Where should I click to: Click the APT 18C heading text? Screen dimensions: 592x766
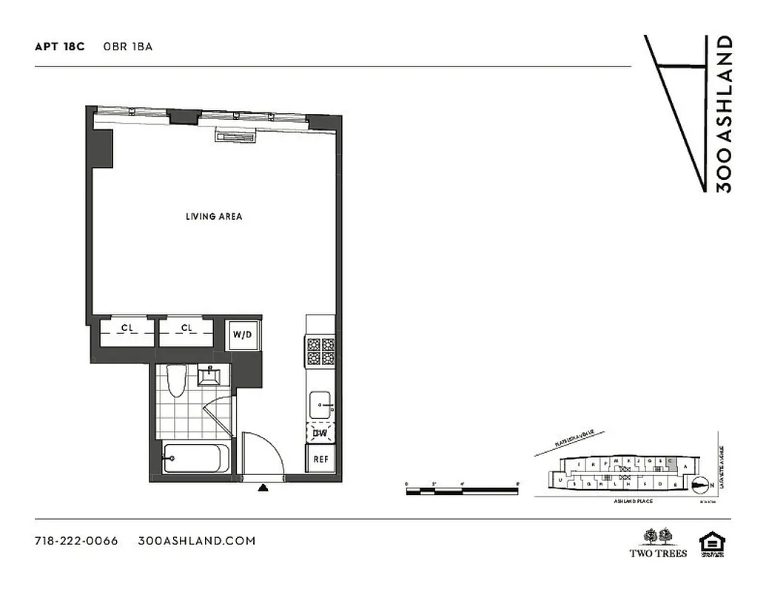click(x=60, y=47)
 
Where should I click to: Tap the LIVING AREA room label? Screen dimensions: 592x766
click(x=214, y=217)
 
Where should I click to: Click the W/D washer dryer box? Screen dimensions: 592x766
click(x=243, y=335)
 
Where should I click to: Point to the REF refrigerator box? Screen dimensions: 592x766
click(x=321, y=459)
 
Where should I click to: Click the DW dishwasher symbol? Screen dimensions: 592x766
click(x=320, y=434)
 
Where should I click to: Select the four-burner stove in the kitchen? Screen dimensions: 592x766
click(x=320, y=351)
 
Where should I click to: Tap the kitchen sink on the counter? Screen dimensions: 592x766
click(x=320, y=404)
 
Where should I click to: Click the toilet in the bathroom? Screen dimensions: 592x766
click(x=175, y=381)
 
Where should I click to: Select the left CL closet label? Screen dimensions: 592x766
click(x=127, y=329)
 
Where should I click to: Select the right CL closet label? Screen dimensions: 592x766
click(x=187, y=329)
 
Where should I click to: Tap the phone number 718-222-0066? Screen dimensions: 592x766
click(x=76, y=541)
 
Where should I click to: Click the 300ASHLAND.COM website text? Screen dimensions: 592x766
click(x=197, y=541)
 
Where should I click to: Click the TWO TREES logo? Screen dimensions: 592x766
click(x=657, y=543)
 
